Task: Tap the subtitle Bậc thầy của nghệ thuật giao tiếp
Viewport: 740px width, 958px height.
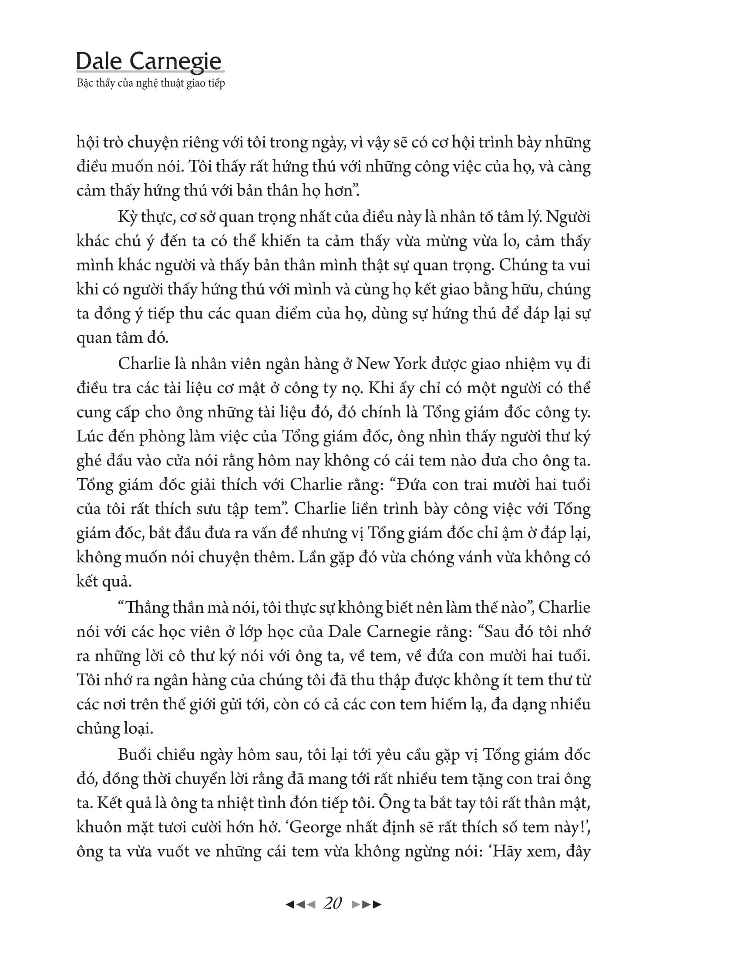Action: [x=151, y=83]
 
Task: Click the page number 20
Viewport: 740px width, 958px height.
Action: [x=332, y=904]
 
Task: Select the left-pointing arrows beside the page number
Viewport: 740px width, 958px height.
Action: [x=300, y=904]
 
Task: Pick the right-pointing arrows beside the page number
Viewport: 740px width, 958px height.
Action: [x=367, y=904]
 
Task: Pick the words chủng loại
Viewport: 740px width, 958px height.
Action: [x=115, y=729]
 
